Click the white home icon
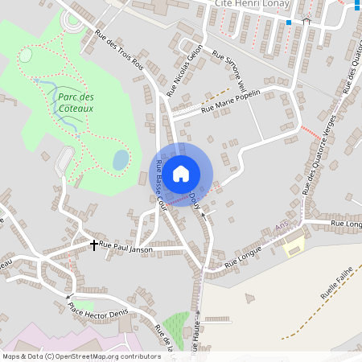point(181,173)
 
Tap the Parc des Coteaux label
point(76,101)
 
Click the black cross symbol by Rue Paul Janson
point(94,243)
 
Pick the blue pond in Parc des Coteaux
point(120,159)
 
